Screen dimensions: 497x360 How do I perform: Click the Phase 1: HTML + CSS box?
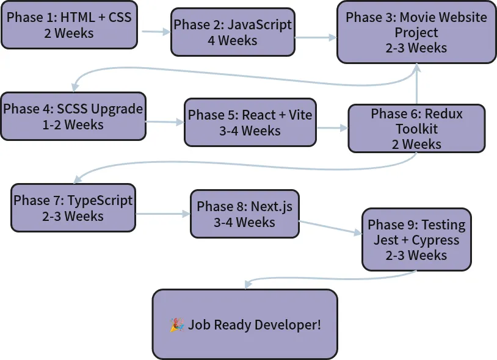[x=69, y=25]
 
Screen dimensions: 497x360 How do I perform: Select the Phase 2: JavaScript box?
[x=233, y=32]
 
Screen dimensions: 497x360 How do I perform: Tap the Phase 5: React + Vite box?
[x=250, y=123]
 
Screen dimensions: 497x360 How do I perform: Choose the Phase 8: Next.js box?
[x=244, y=214]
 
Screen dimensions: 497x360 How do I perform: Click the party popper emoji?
[x=177, y=325]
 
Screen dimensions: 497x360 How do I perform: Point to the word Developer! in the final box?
[x=288, y=325]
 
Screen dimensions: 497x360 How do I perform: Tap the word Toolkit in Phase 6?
[x=416, y=129]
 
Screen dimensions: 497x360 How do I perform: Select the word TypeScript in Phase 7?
[x=100, y=201]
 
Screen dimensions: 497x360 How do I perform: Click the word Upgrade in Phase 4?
[x=117, y=109]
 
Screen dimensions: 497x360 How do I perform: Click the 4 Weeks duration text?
[x=233, y=40]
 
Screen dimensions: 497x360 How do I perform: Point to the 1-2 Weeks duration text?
[x=73, y=124]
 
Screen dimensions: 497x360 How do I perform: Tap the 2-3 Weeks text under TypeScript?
[x=73, y=216]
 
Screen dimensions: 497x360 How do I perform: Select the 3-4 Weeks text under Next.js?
[x=244, y=222]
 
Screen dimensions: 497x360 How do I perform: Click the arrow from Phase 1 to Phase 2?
[x=156, y=32]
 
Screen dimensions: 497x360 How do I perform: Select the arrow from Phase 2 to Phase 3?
[x=316, y=38]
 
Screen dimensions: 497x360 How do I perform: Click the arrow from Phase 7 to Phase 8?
[x=163, y=214]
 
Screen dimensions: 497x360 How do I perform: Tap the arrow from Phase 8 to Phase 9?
[x=330, y=228]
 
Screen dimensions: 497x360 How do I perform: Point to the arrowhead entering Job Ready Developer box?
[x=248, y=284]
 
